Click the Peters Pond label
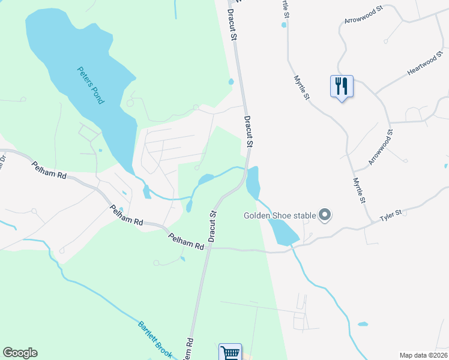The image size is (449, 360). [x=91, y=85]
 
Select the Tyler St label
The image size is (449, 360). [x=391, y=216]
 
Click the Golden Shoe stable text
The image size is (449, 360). [x=280, y=215]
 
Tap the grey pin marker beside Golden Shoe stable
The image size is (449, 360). [x=325, y=214]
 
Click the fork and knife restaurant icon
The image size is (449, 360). [x=342, y=86]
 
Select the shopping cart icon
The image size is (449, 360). [x=231, y=353]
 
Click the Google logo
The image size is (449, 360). [x=20, y=353]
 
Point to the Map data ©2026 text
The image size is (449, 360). [x=423, y=355]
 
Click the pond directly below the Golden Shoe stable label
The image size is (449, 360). [x=282, y=232]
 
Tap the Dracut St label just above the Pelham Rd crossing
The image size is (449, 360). [x=212, y=226]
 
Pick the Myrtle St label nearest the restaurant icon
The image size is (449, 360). [x=302, y=88]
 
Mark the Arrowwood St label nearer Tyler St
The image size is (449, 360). [x=380, y=148]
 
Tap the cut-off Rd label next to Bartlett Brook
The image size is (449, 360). [x=189, y=348]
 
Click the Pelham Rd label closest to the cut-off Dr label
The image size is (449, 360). [x=49, y=172]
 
